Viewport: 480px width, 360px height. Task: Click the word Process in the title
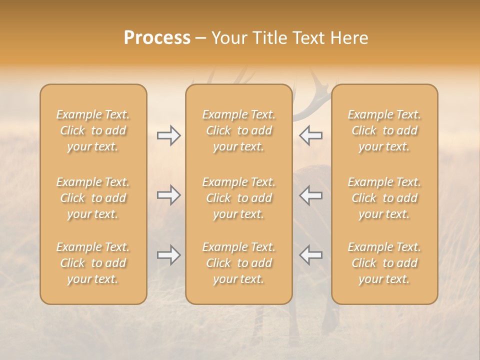tap(157, 38)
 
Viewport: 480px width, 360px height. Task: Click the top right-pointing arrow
tap(169, 135)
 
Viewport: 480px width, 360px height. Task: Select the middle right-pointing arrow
tap(169, 195)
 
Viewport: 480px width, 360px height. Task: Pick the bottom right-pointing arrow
tap(169, 255)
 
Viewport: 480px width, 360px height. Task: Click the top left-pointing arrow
tap(310, 135)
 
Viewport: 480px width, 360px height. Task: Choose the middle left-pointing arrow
tap(310, 195)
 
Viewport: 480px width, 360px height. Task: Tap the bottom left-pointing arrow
tap(310, 255)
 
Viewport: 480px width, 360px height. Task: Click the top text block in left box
tap(93, 130)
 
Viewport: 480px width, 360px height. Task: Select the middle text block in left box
tap(93, 198)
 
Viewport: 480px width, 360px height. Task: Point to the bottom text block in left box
tap(93, 263)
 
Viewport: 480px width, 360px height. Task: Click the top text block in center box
tap(238, 130)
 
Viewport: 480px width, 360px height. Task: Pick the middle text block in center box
tap(238, 198)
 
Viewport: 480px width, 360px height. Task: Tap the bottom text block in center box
tap(238, 263)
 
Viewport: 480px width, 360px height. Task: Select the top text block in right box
tap(384, 130)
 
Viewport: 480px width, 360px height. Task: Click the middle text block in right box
tap(384, 198)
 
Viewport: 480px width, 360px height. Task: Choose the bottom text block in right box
tap(384, 263)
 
